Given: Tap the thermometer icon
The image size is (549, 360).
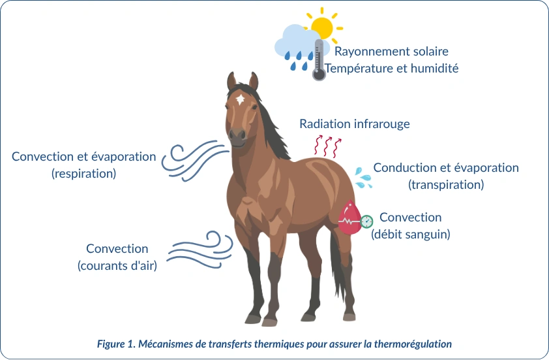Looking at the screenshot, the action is pos(319,59).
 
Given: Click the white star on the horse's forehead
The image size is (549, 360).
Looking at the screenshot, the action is pos(240,99).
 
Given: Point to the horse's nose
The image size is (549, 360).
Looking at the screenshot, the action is pos(237,135).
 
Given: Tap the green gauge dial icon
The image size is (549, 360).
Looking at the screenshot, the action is pos(366,221).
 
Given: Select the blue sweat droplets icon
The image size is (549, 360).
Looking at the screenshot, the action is pos(363,178).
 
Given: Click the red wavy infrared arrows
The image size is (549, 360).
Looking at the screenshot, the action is pos(327,146).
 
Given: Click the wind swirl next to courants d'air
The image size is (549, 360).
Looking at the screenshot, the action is pos(200,250).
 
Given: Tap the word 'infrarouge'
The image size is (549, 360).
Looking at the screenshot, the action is pos(382,124).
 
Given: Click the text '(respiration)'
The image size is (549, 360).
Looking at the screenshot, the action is pos(83,173).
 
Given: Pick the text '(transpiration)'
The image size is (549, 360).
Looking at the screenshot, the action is pos(446,184).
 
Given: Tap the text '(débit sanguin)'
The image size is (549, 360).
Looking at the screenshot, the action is pos(411,234).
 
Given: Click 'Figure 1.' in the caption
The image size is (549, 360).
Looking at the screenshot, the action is pos(116,344).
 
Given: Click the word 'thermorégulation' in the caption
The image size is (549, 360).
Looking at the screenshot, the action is pos(413,344).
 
